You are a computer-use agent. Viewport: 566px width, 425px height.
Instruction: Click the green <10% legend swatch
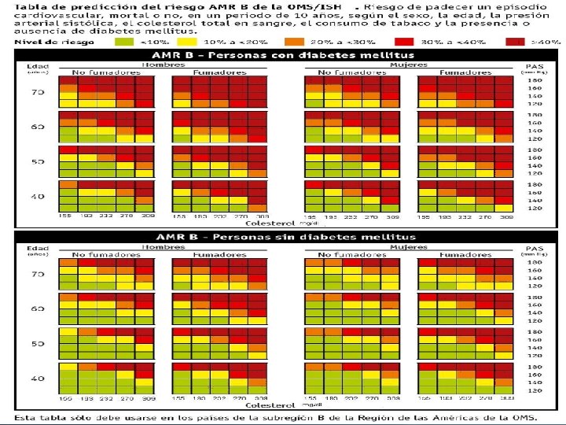pos(123,41)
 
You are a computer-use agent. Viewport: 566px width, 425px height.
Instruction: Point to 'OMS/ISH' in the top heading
pos(319,7)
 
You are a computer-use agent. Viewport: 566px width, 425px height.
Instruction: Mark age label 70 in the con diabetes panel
pos(37,92)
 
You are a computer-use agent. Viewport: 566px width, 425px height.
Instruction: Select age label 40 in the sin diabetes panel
pos(37,378)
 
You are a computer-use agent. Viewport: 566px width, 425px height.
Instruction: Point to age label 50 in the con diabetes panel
pos(37,161)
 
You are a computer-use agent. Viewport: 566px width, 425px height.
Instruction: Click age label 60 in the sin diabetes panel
pos(37,309)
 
